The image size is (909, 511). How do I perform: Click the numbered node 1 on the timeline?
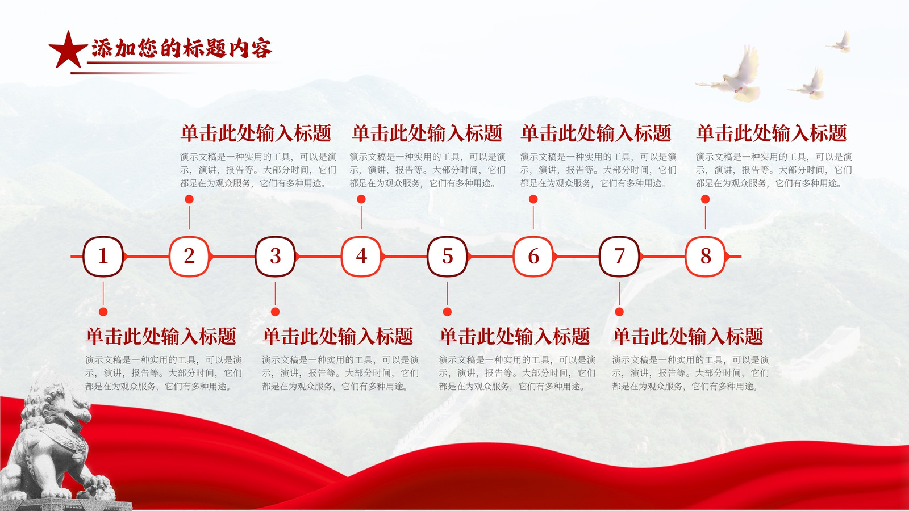tap(103, 256)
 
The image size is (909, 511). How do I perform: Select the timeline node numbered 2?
tap(189, 256)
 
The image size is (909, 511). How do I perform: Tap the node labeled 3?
tap(275, 256)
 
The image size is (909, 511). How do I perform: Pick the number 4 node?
tap(361, 256)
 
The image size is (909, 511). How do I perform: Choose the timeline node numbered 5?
tap(447, 256)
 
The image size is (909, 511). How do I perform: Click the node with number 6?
tap(533, 256)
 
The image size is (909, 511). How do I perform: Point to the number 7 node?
tap(619, 256)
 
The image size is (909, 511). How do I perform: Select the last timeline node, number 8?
tap(705, 256)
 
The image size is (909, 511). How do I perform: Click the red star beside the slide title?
tap(68, 51)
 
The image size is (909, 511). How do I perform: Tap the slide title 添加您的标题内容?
tap(181, 48)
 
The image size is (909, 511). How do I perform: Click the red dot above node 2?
tap(189, 199)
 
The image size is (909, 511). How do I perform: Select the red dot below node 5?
tap(447, 312)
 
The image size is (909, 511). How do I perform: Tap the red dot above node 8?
tap(705, 199)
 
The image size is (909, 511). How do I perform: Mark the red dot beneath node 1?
tap(103, 312)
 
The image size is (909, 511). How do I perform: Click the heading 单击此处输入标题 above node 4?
tap(427, 133)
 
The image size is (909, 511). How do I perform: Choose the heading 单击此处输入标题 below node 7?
tap(688, 337)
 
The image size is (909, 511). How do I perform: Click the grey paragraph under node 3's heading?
tap(340, 373)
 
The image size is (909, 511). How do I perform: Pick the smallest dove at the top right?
tap(840, 43)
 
